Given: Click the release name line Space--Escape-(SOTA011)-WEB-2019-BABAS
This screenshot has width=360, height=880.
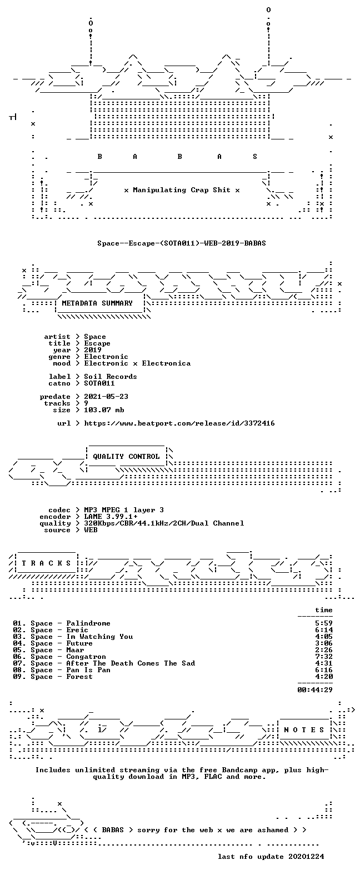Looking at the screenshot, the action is point(182,243).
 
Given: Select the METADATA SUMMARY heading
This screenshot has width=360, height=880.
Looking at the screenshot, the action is point(97,303).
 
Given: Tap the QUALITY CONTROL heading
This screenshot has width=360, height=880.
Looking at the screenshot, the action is point(126,457).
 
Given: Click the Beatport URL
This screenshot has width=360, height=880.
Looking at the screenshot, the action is point(179,423).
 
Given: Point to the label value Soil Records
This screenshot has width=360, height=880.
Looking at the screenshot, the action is point(111,376).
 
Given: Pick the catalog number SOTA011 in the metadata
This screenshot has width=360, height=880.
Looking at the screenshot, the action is point(99,383).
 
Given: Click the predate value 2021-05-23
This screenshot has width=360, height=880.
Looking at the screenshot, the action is point(106,397).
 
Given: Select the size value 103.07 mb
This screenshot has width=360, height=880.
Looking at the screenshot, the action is point(104,410).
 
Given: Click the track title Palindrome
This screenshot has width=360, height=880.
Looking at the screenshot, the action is point(88,623).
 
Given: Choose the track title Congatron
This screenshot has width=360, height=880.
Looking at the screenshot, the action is point(86,657).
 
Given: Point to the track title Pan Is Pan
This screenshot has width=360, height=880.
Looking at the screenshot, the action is point(88,670).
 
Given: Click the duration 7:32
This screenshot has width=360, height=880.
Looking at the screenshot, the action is point(324,657).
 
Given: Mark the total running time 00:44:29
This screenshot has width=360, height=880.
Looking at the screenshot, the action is point(315,689).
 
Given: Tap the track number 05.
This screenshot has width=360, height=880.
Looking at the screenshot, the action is point(17,650).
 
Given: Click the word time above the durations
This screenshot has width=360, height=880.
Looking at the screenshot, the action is point(324,609).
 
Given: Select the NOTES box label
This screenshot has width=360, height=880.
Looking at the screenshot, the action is point(304,729).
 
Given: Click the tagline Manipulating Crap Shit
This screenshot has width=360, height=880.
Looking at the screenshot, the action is point(182,190).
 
